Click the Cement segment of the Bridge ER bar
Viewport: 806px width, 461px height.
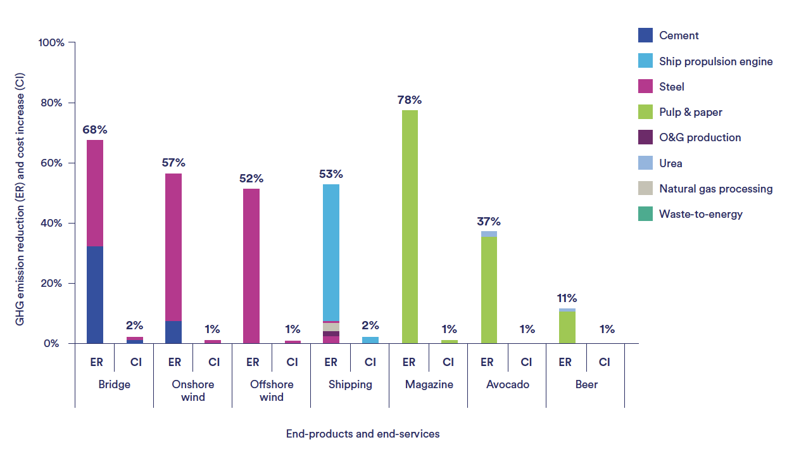[95, 295]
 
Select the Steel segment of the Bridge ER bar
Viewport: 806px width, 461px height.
[95, 193]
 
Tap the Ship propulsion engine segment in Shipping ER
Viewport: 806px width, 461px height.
[331, 253]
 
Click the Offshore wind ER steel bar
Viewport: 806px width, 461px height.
[251, 266]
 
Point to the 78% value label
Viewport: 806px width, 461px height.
[409, 100]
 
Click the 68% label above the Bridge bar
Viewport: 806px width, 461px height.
[95, 130]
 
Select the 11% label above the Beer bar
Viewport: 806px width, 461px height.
[567, 298]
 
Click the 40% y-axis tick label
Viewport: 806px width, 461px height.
[53, 224]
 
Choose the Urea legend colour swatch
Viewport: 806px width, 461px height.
[645, 163]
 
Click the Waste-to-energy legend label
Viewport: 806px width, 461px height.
[701, 214]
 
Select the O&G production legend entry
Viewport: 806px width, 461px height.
[700, 137]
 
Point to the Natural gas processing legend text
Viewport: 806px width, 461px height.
[715, 189]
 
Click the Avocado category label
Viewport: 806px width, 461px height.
[508, 384]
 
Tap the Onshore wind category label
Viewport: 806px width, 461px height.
[193, 391]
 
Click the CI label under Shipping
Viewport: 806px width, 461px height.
[370, 362]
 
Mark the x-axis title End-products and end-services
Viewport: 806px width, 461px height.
[363, 434]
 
